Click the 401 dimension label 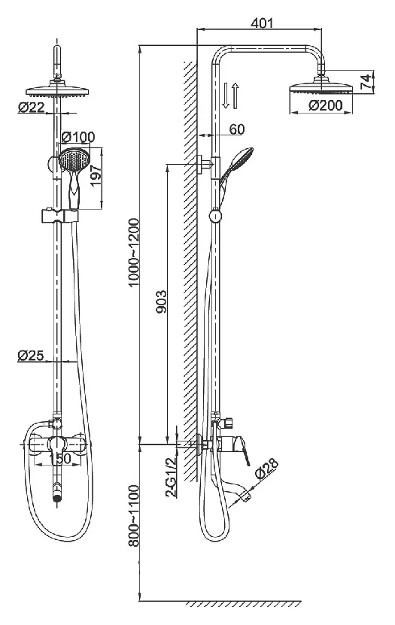point(262,23)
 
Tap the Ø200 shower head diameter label point(325,105)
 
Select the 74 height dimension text point(365,81)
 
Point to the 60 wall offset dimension point(237,129)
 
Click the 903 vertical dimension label point(161,302)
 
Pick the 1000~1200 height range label point(133,252)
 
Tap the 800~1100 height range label point(133,515)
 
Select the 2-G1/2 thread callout point(171,477)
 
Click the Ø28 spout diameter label point(266,469)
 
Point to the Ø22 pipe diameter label point(31,107)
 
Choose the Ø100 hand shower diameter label point(78,137)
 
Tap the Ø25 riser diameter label point(30,354)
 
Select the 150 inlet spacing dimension point(61,458)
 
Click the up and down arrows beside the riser point(230,96)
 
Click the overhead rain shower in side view point(321,86)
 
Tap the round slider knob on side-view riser point(215,216)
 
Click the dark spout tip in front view point(58,498)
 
